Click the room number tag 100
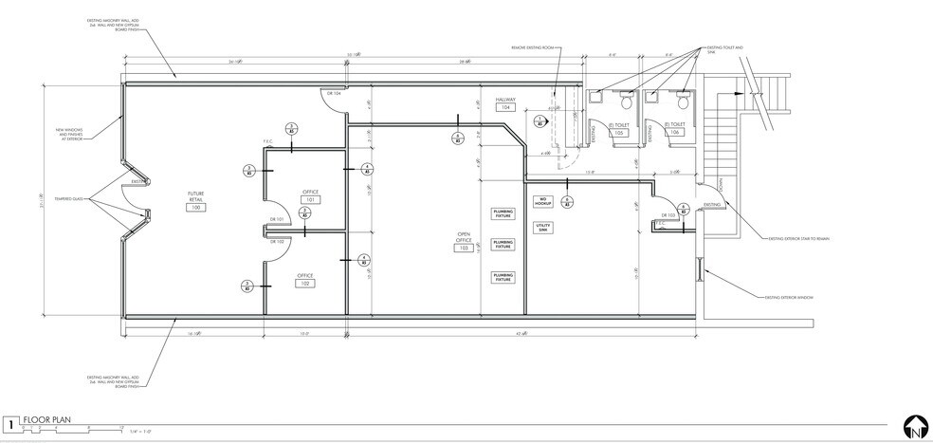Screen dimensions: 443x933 click(x=196, y=207)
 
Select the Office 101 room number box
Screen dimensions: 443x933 click(x=308, y=200)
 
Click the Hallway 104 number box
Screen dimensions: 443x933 click(x=506, y=108)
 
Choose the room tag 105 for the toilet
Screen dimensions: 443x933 click(x=619, y=133)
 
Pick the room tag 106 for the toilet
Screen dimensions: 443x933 click(x=674, y=133)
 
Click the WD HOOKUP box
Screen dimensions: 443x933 click(x=543, y=202)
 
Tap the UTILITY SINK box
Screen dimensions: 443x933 click(x=543, y=229)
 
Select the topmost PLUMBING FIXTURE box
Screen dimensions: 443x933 click(x=503, y=213)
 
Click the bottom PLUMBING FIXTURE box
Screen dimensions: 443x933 click(x=503, y=277)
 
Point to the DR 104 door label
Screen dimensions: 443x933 click(x=334, y=93)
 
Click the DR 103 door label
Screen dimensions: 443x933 click(x=666, y=215)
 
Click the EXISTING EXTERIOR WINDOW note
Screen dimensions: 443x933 click(x=790, y=297)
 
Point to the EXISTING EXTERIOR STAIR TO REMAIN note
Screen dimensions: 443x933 click(x=798, y=239)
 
